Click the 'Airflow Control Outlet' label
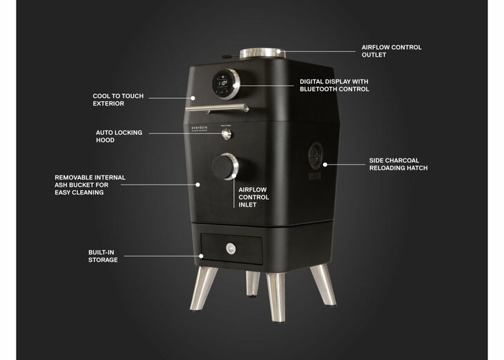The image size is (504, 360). coord(391,51)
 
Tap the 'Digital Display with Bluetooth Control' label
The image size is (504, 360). coord(334,85)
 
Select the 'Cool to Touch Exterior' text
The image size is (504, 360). coord(118,100)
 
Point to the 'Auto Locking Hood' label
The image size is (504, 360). coord(119,136)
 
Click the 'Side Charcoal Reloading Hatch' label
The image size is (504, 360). coord(398,164)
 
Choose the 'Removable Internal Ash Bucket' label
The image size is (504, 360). coord(90,185)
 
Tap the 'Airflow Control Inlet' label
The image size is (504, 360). coord(253,197)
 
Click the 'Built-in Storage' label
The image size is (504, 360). coord(103,256)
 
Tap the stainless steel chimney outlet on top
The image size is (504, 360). coord(262,53)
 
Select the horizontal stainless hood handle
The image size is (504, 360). coord(217,108)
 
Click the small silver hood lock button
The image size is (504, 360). coord(226,134)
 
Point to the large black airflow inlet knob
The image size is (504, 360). coord(225,167)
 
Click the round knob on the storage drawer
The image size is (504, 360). coord(231,248)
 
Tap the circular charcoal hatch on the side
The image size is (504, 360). coord(316,155)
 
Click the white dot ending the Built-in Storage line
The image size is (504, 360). coord(201,256)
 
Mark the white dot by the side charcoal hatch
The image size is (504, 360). coord(325,164)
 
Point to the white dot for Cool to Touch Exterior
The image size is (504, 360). coord(193,98)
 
